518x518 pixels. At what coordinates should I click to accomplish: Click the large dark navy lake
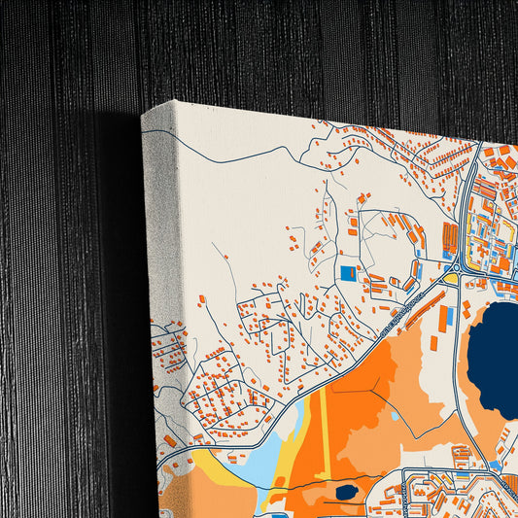click(x=496, y=360)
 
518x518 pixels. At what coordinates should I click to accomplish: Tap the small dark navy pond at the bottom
click(x=346, y=492)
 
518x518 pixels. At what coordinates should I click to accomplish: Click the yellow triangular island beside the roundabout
click(x=450, y=279)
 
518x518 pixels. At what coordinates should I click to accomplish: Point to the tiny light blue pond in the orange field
click(x=395, y=416)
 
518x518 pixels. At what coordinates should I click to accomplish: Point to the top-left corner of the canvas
click(x=143, y=115)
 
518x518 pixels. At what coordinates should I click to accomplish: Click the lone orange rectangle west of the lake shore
click(x=434, y=343)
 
